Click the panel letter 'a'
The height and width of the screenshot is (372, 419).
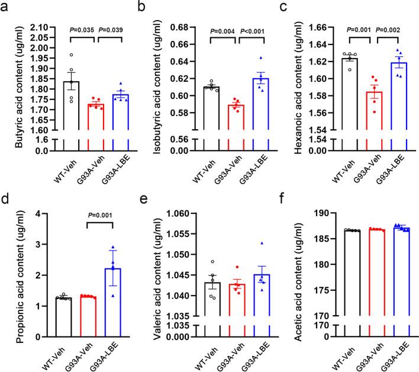point(7,8)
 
